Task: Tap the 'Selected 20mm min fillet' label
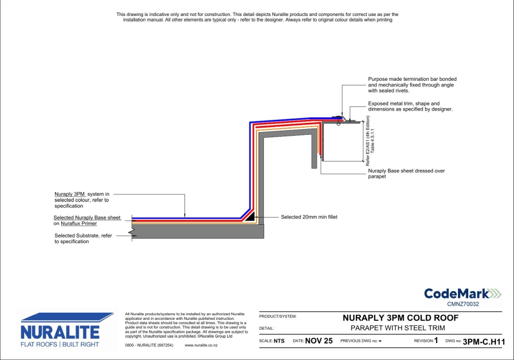[x=309, y=217]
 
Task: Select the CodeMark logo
[x=463, y=294]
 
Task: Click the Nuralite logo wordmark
[x=60, y=332]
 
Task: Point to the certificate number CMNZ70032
[x=463, y=304]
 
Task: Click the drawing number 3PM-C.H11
[x=484, y=341]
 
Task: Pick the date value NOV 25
[x=319, y=341]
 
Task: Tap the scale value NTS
[x=279, y=341]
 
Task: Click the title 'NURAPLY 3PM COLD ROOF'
[x=400, y=318]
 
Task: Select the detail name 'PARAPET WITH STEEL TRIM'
[x=398, y=328]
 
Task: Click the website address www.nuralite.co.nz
[x=201, y=345]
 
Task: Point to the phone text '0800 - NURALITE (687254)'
[x=149, y=345]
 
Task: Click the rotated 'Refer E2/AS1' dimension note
[x=370, y=140]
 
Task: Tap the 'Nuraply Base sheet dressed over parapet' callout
[x=407, y=173]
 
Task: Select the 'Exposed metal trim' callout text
[x=410, y=106]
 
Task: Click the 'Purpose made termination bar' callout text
[x=412, y=85]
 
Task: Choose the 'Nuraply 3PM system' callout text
[x=82, y=200]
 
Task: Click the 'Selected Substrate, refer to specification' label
[x=83, y=239]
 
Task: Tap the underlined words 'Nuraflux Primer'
[x=79, y=224]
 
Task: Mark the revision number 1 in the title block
[x=436, y=340]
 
